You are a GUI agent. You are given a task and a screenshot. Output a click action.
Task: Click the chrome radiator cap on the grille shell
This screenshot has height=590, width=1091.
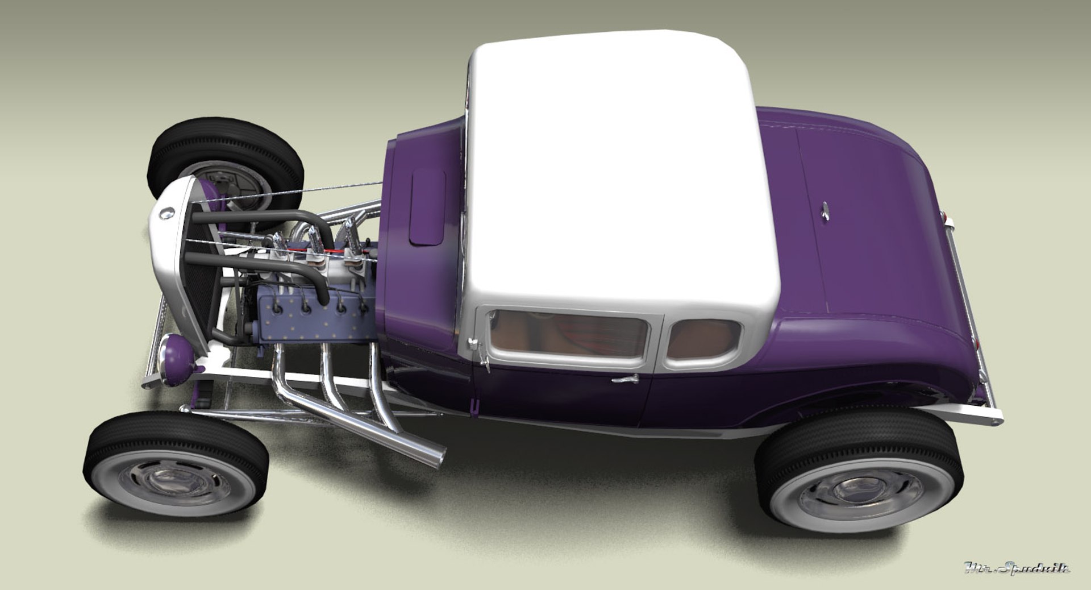click(x=166, y=214)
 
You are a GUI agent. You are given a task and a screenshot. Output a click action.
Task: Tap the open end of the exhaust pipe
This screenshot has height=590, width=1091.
click(x=439, y=456)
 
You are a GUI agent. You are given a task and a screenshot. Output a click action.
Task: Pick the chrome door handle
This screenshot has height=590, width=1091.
click(x=626, y=379)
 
